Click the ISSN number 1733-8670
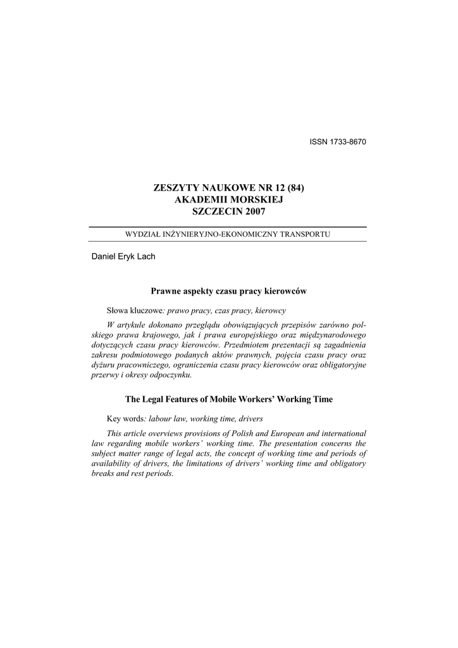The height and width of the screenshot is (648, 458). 347,141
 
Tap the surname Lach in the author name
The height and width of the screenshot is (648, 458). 145,256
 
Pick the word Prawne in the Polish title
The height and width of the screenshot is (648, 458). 164,291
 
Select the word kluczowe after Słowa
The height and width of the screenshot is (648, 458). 147,311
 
